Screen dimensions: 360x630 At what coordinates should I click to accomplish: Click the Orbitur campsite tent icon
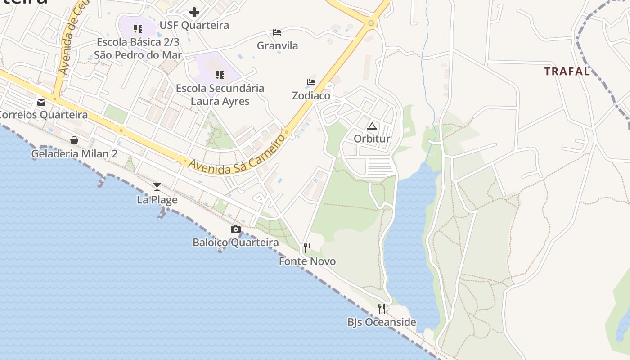click(x=372, y=126)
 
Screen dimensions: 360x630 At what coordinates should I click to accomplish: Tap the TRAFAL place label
click(x=567, y=71)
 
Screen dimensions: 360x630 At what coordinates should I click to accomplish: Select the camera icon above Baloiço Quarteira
click(x=235, y=229)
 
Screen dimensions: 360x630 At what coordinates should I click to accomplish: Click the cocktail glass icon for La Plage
click(x=157, y=186)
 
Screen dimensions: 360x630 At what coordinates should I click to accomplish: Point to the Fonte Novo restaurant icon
click(x=307, y=247)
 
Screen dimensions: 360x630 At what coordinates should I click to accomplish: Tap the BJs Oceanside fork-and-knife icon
click(x=382, y=308)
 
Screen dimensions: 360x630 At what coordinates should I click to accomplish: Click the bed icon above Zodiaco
click(x=311, y=82)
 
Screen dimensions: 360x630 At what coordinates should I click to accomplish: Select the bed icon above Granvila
click(x=277, y=32)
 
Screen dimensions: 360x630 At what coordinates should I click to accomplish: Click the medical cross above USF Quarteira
click(x=194, y=12)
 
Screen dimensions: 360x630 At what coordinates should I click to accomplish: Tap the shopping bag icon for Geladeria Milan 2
click(x=74, y=140)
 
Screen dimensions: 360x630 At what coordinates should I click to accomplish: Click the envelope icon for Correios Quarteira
click(x=41, y=102)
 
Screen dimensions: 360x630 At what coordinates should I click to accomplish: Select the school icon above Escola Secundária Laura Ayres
click(x=220, y=75)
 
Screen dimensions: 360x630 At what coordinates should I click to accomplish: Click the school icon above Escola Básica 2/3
click(x=138, y=29)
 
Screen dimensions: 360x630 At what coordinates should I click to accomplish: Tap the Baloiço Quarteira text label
click(x=235, y=243)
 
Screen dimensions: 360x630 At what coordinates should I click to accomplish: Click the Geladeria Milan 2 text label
click(x=74, y=154)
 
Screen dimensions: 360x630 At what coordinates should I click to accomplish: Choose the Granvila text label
click(x=277, y=45)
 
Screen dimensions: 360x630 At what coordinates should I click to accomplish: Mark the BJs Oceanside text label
click(x=382, y=322)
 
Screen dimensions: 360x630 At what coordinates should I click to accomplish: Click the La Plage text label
click(x=157, y=200)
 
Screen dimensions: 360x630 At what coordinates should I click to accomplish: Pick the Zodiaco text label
click(x=311, y=96)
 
